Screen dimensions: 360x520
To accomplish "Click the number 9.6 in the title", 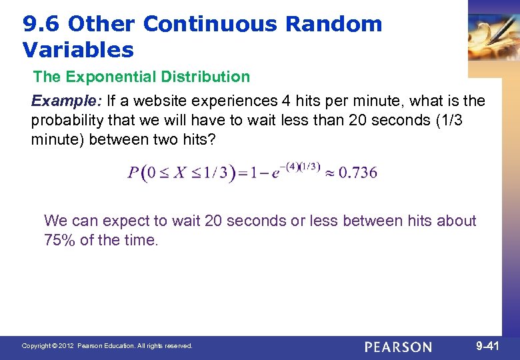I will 42,25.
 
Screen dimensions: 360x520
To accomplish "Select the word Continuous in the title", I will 210,25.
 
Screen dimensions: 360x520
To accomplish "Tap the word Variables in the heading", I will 78,50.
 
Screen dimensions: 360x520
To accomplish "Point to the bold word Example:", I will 65,101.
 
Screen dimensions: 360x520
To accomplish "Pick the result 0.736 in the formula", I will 358,173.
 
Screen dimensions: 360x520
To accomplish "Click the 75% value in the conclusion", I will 59,241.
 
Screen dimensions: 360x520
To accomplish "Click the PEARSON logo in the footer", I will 398,347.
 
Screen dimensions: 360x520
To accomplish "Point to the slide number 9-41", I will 487,346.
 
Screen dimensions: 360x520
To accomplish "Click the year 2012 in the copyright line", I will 67,346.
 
